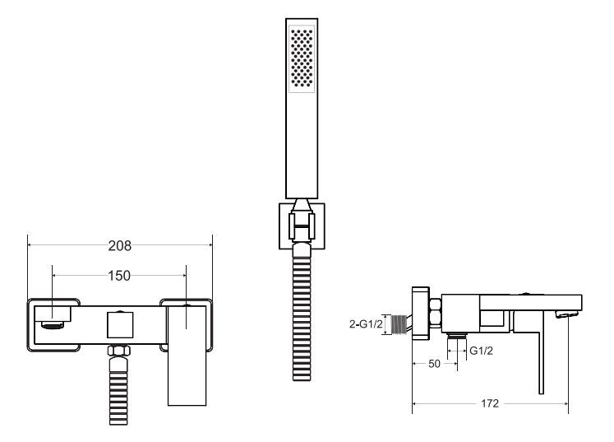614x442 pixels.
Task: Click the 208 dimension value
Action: tap(120, 246)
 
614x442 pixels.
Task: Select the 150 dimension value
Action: tap(119, 276)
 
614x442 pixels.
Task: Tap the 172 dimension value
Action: tap(490, 403)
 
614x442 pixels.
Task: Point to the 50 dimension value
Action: tap(434, 364)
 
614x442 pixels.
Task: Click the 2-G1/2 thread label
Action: tap(366, 324)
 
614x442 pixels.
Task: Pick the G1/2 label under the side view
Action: tap(481, 351)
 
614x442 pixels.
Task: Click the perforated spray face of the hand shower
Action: tap(302, 58)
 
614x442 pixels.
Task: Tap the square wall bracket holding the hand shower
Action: tap(302, 226)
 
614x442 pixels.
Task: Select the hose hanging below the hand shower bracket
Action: tap(302, 312)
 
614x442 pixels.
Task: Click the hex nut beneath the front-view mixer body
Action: tap(118, 351)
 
